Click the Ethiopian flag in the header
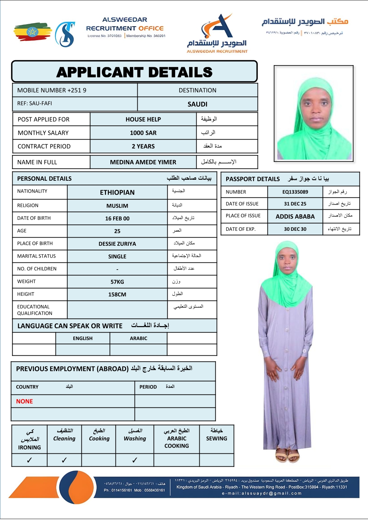[32, 32]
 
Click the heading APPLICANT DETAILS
[134, 72]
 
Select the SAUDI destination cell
[197, 104]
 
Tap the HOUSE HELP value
[143, 119]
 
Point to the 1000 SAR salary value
[143, 133]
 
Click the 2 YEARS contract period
[143, 146]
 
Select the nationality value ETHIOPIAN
[117, 193]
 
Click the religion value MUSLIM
[117, 206]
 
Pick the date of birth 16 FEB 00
[117, 219]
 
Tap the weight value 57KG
[117, 282]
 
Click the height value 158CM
[117, 294]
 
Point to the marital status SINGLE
[117, 257]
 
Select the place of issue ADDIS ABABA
[295, 216]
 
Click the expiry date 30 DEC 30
[295, 229]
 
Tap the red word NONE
[25, 402]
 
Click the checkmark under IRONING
[30, 460]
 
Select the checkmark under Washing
[135, 460]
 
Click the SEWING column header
[216, 438]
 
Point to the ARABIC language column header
[138, 338]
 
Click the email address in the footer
[262, 493]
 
